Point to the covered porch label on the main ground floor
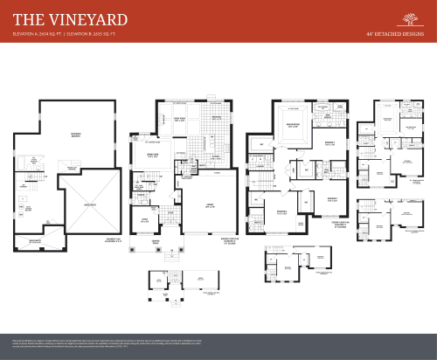click(156, 240)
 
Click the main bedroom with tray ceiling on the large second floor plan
click(289, 125)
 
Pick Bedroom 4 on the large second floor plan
click(281, 213)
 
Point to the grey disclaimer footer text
click(218, 342)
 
